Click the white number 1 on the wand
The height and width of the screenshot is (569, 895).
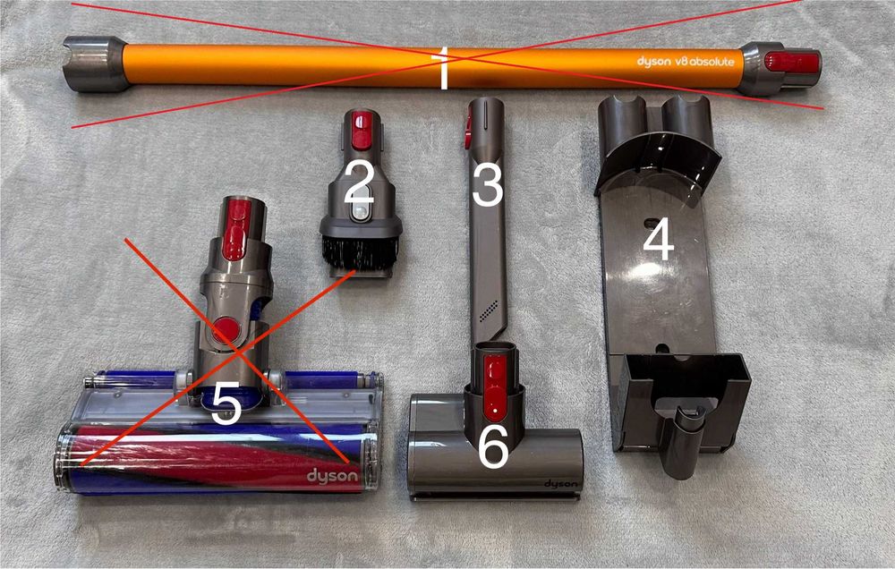click(x=442, y=69)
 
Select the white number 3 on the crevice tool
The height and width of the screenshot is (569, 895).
click(x=488, y=184)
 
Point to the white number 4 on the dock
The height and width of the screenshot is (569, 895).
click(x=659, y=241)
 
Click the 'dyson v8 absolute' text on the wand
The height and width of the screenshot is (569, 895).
click(x=686, y=61)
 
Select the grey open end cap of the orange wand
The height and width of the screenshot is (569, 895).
click(x=95, y=64)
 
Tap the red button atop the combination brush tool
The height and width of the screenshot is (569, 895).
click(x=362, y=130)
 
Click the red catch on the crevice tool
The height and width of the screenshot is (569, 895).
click(x=468, y=127)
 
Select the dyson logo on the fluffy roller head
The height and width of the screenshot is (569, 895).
click(x=332, y=476)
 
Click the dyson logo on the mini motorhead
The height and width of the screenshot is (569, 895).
click(x=560, y=484)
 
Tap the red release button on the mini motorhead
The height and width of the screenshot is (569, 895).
click(x=495, y=382)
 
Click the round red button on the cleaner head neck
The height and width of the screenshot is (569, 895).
click(x=226, y=330)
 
